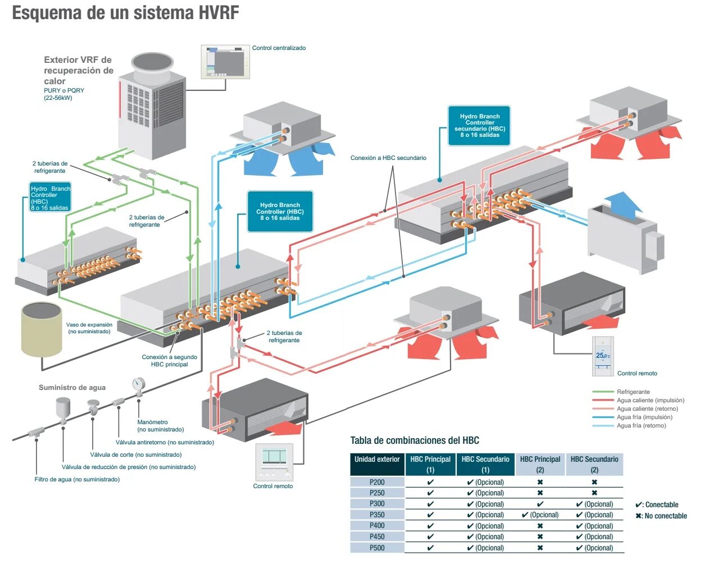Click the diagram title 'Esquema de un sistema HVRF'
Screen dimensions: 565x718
125,13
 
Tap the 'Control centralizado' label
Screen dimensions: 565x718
279,48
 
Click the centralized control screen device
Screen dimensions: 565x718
225,62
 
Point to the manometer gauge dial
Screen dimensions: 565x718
138,384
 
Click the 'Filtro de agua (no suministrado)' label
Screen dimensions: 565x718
77,480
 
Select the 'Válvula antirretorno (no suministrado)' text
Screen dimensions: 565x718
165,443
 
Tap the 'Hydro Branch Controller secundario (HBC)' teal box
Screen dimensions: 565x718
479,126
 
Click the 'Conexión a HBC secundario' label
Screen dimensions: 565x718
388,158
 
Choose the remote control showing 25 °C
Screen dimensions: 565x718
603,356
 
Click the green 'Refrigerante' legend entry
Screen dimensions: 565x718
633,392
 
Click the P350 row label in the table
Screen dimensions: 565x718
377,515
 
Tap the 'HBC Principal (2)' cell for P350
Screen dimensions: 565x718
540,515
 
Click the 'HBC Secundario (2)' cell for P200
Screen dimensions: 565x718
594,483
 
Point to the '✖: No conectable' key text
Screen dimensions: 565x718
661,516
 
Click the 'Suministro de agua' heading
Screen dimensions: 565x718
72,388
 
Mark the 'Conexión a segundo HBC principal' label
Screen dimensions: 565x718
169,361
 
